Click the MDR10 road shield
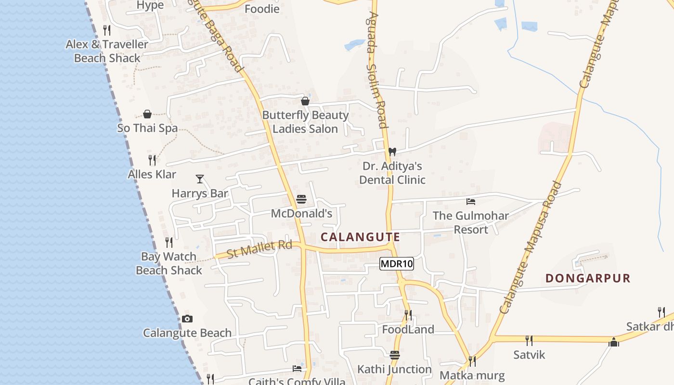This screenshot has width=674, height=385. (397, 264)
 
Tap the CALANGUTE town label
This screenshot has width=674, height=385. (360, 237)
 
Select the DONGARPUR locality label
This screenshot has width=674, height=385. (588, 278)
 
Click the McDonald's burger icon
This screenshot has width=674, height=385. (301, 199)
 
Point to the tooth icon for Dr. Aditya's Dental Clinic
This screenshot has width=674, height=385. (392, 152)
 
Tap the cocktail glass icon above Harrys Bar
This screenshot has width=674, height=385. (200, 179)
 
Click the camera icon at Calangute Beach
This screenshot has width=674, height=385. (187, 319)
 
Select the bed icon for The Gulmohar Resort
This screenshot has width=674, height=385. (471, 202)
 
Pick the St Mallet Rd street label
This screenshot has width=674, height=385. (259, 249)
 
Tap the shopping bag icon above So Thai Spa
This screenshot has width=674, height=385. (147, 114)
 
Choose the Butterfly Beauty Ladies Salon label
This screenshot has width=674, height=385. (305, 122)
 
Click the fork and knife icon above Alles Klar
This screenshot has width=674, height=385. (152, 160)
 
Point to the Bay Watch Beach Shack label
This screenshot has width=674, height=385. (169, 263)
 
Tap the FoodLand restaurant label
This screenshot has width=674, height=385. (408, 330)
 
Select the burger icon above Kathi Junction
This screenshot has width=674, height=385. (395, 355)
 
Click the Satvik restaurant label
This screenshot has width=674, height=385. (529, 355)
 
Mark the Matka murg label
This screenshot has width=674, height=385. (472, 375)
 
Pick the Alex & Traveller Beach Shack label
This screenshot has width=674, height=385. (107, 51)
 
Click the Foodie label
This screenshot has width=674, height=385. (262, 9)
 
